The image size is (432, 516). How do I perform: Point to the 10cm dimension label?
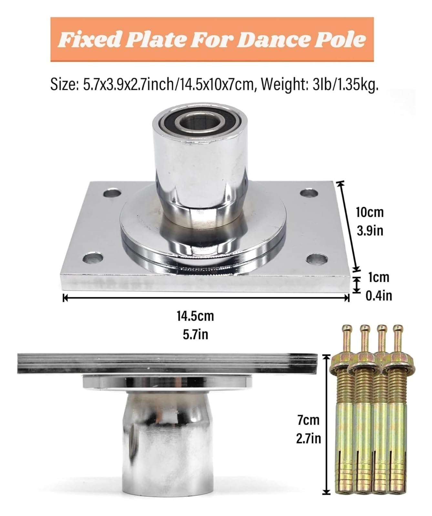click(x=370, y=212)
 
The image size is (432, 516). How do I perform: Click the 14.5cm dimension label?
click(x=195, y=316)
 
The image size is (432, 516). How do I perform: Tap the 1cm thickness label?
click(x=378, y=277)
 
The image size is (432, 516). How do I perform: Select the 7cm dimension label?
click(x=309, y=420)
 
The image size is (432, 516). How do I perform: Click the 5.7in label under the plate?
click(x=195, y=334)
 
